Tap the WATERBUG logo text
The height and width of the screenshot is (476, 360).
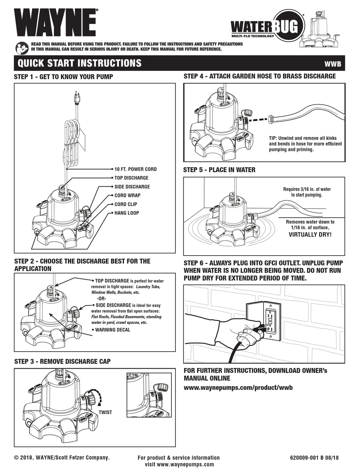click(x=267, y=27)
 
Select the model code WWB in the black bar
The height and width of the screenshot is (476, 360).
click(x=332, y=64)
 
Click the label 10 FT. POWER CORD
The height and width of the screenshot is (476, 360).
click(x=135, y=169)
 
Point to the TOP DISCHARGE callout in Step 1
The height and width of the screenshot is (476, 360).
click(x=131, y=178)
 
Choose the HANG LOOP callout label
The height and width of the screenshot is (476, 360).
click(x=127, y=213)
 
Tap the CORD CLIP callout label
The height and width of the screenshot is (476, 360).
click(x=126, y=204)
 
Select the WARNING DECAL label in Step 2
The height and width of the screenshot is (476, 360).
click(x=112, y=330)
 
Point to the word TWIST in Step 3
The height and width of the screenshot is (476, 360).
click(x=105, y=412)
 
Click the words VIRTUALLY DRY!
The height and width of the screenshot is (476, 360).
click(x=310, y=235)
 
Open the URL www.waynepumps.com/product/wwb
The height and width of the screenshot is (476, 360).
click(x=238, y=388)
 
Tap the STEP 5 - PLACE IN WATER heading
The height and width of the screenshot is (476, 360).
click(x=219, y=170)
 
